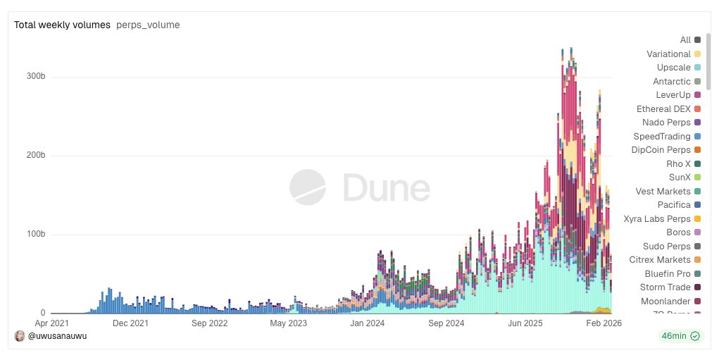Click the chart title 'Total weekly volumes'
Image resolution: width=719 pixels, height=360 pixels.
point(62,25)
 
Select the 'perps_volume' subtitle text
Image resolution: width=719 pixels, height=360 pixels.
point(148,25)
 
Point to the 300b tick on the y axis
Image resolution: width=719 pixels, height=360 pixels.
point(37,77)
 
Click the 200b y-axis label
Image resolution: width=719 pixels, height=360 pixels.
point(37,156)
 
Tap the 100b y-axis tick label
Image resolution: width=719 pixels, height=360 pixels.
point(37,235)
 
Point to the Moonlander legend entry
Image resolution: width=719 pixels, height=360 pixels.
point(666,302)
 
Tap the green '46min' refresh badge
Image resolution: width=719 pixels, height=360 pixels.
point(679,336)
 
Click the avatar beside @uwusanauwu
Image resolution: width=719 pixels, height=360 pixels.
point(20,336)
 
